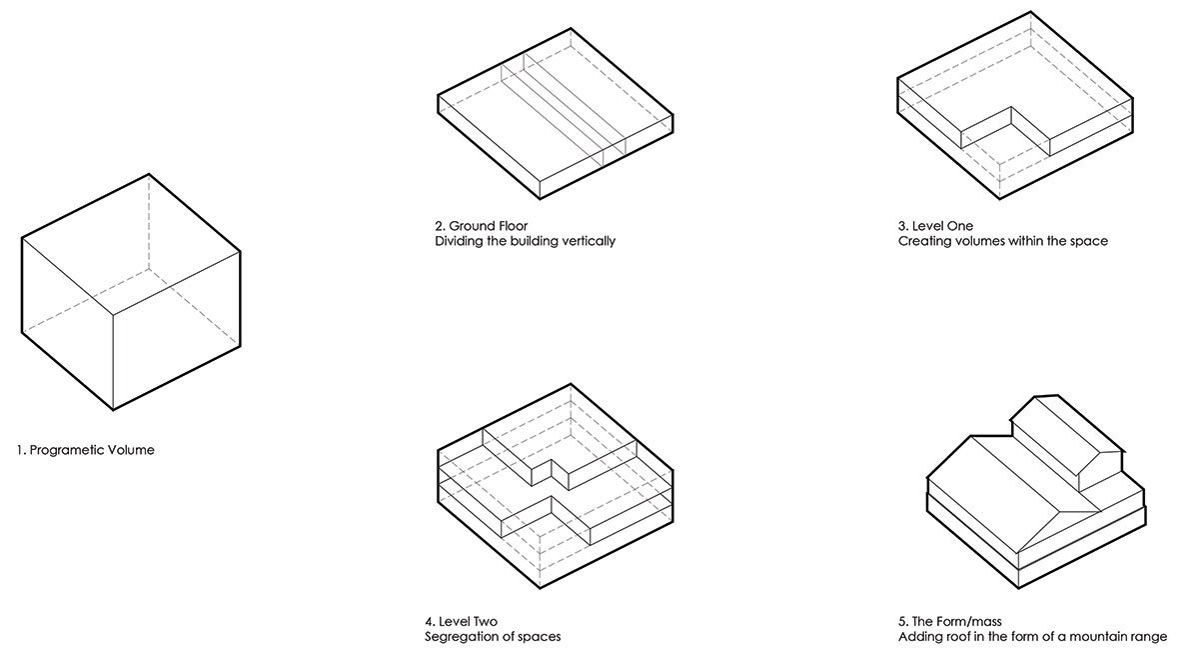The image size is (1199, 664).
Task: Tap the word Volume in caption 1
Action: pos(131,450)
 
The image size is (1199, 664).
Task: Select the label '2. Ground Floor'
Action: pos(482,226)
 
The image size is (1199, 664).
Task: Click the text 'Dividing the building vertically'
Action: pos(526,241)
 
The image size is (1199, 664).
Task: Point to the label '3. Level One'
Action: pos(935,226)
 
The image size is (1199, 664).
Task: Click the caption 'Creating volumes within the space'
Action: pos(1003,241)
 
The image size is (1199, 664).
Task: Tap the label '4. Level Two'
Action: pos(462,622)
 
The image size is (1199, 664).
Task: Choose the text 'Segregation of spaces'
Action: pos(493,637)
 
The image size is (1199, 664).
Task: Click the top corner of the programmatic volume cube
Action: pos(149,174)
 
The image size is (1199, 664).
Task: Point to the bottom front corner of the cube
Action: pos(113,410)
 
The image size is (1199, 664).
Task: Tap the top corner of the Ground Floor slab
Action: pos(571,28)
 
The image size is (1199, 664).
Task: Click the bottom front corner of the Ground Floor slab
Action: pos(540,199)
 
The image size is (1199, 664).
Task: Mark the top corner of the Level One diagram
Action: pos(1031,12)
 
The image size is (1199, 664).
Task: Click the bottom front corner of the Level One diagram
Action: pos(1000,199)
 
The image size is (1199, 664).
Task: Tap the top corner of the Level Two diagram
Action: pos(571,384)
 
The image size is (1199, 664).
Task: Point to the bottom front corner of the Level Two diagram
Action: pos(540,588)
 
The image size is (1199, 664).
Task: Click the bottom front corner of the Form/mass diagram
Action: pos(1018,588)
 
